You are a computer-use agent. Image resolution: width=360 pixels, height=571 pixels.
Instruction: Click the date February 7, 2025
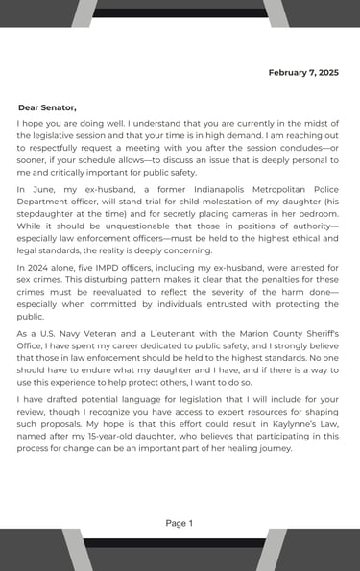pos(302,73)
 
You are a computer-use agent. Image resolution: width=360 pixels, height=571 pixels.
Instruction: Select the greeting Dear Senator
pos(47,107)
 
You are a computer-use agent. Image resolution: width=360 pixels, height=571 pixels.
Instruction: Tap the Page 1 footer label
pos(180,523)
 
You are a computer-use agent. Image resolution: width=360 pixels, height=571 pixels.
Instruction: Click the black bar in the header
pos(180,13)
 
